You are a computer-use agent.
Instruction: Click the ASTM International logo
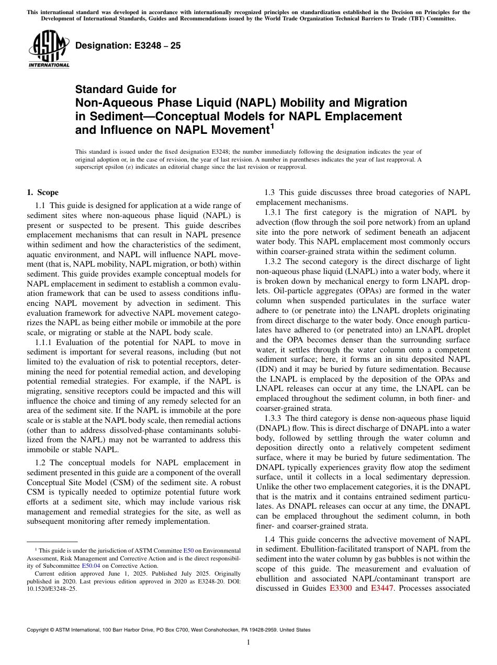49,49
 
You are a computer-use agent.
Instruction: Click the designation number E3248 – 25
128,45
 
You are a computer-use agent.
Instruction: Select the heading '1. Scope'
42,192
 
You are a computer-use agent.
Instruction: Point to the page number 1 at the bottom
249,643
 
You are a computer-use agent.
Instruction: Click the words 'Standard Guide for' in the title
126,89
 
